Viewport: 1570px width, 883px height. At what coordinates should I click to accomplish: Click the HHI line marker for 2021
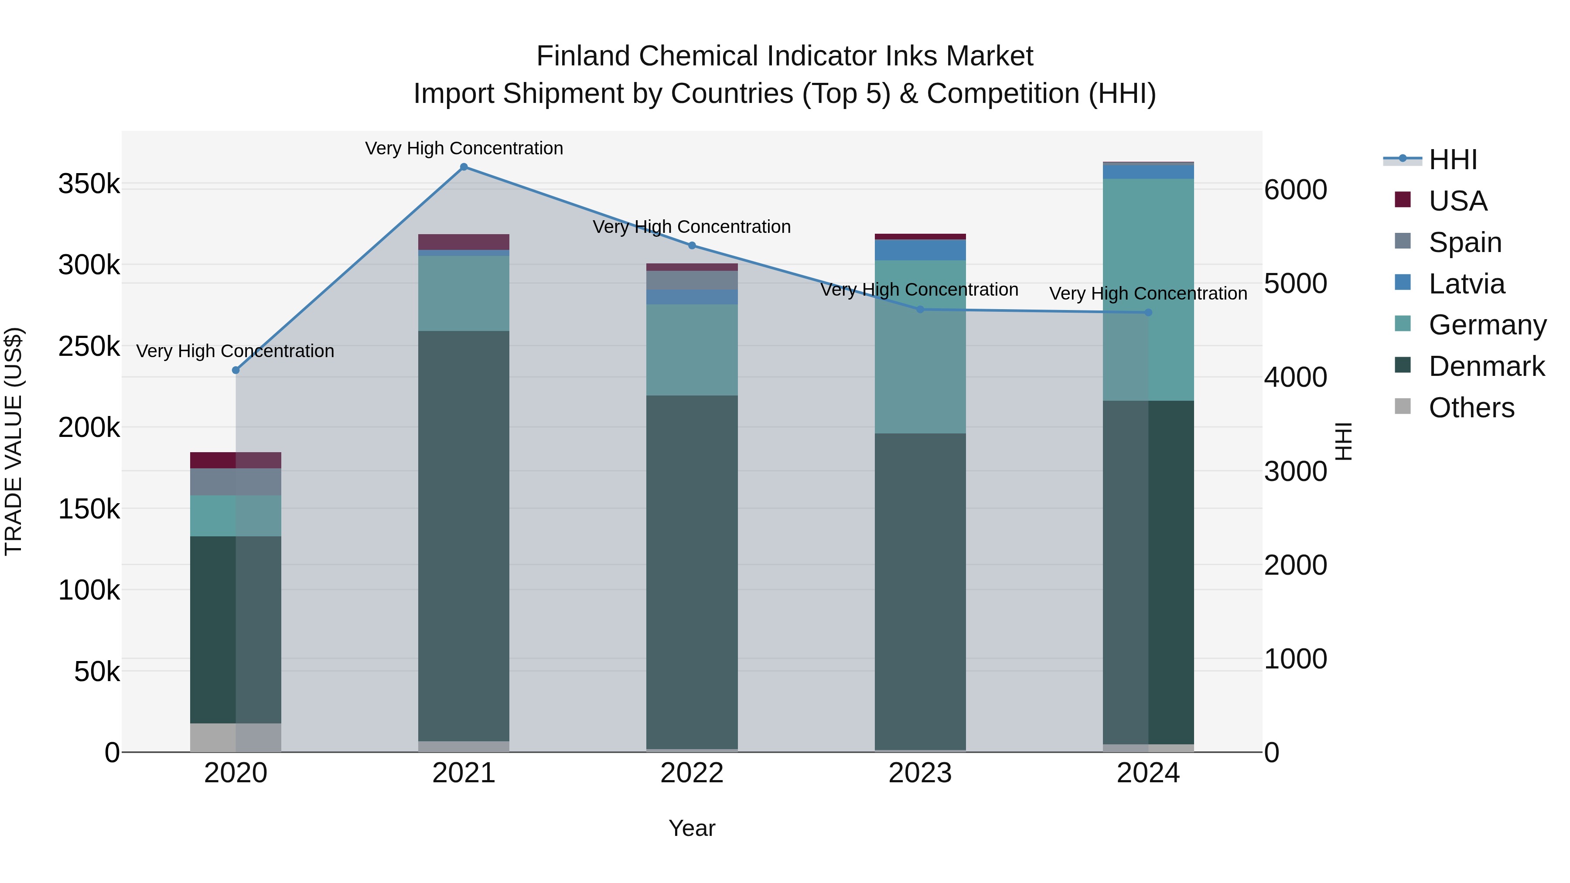tap(464, 167)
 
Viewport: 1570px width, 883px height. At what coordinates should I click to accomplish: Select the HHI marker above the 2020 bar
tap(236, 370)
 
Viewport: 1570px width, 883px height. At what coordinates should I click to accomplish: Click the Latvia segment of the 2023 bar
tap(920, 250)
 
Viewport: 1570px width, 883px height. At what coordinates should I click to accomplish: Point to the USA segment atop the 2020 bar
tap(236, 460)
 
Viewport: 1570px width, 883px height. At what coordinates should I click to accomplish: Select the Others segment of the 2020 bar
tap(236, 737)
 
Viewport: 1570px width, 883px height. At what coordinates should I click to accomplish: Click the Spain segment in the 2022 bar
tap(692, 280)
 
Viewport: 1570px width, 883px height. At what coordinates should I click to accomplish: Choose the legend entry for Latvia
tap(1466, 284)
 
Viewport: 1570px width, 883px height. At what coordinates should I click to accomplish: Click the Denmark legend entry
tap(1486, 366)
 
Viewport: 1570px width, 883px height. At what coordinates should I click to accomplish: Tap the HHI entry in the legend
tap(1452, 160)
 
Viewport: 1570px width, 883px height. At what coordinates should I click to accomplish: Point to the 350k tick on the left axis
tap(89, 184)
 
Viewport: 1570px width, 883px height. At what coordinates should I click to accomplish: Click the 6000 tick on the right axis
tap(1296, 190)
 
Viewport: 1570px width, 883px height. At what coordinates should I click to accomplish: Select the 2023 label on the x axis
tap(920, 773)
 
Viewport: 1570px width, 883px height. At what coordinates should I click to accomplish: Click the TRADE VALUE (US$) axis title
tap(14, 441)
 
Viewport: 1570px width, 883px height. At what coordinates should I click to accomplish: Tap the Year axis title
tap(692, 828)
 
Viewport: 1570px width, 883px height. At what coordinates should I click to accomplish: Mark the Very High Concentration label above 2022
tap(692, 227)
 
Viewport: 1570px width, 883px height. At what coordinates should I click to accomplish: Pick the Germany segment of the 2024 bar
tap(1148, 290)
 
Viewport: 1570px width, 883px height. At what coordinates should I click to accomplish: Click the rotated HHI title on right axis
tap(1343, 441)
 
